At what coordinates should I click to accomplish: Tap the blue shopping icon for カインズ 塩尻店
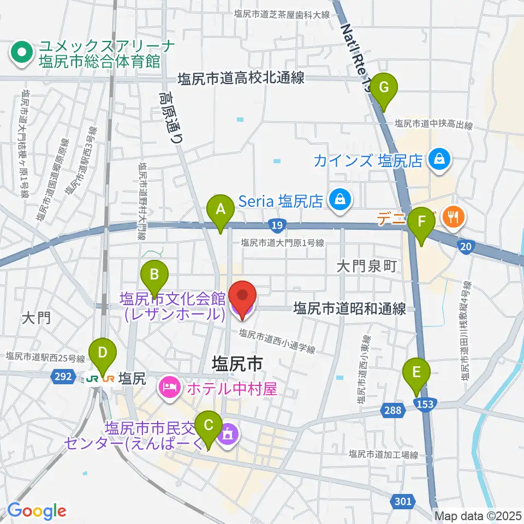438,159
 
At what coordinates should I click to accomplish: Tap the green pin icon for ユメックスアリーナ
22,52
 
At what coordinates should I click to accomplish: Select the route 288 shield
397,410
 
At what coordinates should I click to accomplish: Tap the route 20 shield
466,247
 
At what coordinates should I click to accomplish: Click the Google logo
37,511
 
